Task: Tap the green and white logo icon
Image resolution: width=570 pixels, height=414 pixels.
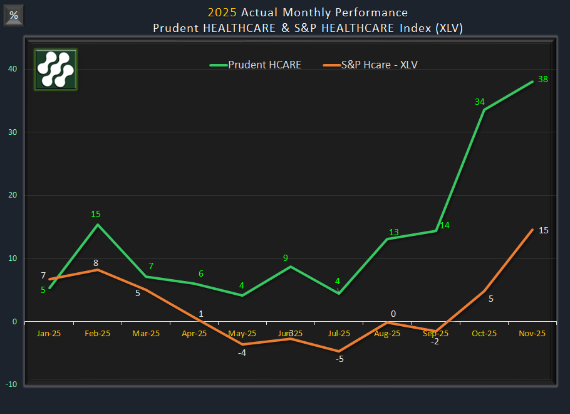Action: (x=56, y=70)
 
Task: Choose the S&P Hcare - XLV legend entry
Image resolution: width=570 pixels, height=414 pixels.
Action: (x=370, y=65)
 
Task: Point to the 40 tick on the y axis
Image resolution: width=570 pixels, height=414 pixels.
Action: (x=13, y=69)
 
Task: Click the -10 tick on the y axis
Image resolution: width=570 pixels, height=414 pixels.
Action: (x=11, y=385)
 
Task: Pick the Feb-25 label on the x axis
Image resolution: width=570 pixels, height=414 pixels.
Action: (x=97, y=334)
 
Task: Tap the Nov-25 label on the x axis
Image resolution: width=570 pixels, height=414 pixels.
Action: (x=532, y=334)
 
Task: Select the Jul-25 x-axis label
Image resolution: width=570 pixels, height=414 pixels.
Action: (x=339, y=334)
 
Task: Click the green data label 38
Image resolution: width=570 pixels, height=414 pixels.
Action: (x=543, y=79)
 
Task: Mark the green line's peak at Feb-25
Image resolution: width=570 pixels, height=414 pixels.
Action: (x=98, y=225)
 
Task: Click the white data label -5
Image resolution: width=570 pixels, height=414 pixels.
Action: (x=339, y=359)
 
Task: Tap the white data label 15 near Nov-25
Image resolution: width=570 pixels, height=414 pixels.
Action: (x=544, y=230)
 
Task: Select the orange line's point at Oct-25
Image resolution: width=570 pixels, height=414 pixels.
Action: (x=484, y=290)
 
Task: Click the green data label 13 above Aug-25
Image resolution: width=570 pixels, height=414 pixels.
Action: (x=393, y=232)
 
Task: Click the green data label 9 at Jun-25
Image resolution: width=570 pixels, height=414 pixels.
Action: (x=285, y=257)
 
